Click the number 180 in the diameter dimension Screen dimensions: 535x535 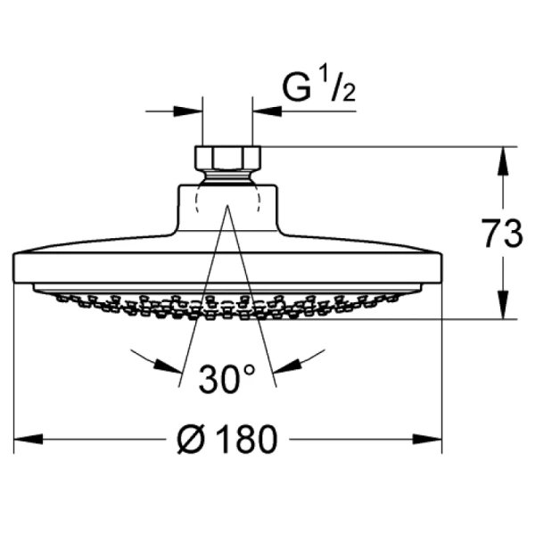tap(241, 439)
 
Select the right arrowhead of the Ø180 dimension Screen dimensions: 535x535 tap(432, 439)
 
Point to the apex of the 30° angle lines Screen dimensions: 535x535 tap(226, 207)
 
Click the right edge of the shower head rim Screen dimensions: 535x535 tap(440, 267)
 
